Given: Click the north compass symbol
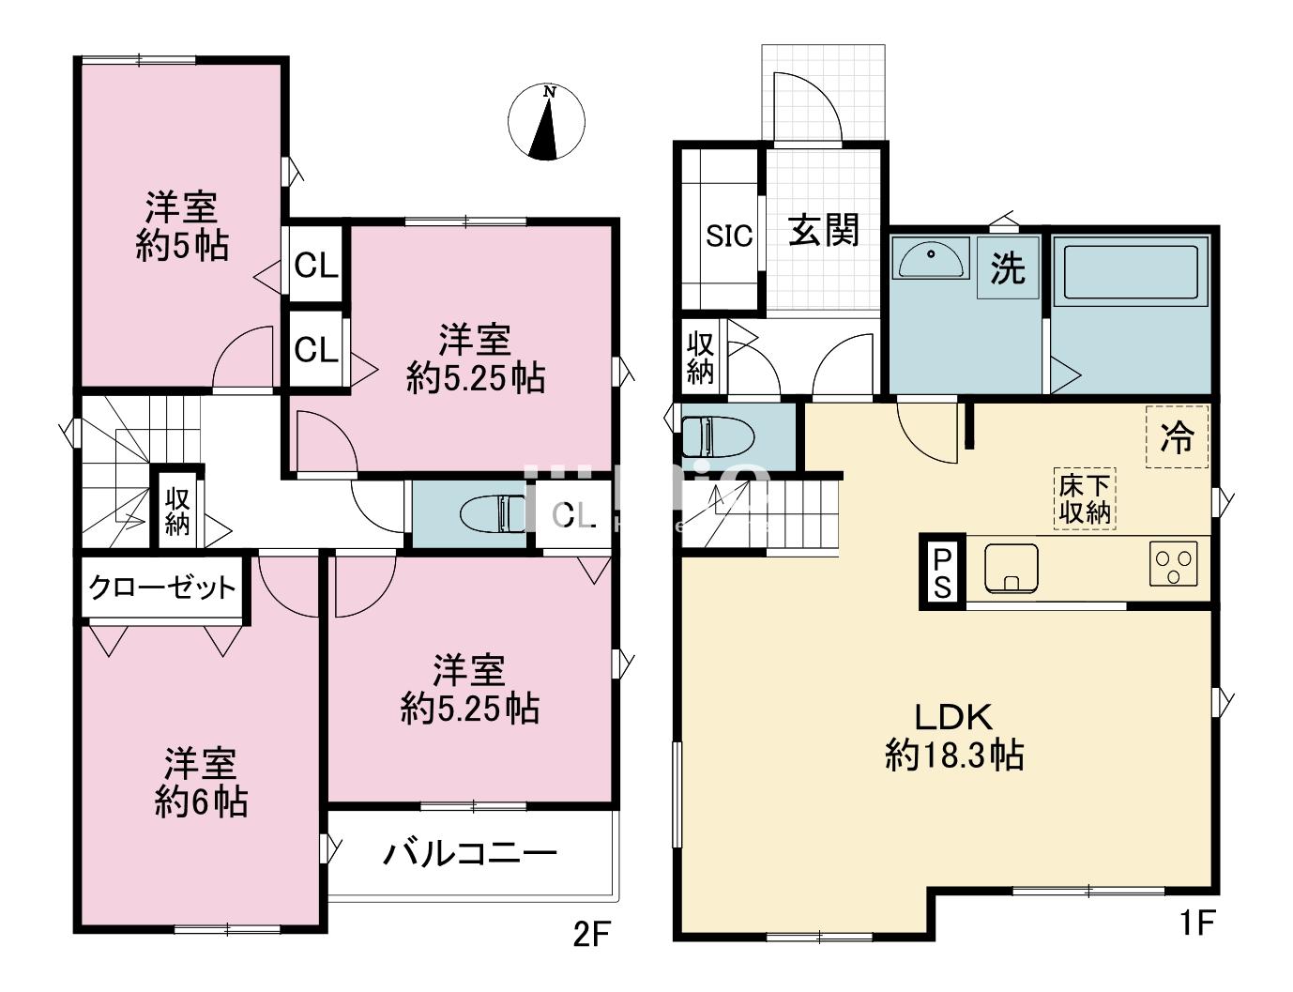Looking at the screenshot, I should [546, 123].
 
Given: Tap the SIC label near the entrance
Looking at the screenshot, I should [729, 235].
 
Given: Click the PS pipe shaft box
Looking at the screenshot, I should [941, 573].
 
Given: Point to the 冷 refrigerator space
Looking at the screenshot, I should [1177, 436].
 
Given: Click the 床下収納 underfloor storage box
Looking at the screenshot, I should [1085, 498].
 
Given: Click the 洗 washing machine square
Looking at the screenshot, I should [1008, 269].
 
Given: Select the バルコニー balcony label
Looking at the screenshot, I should [470, 854].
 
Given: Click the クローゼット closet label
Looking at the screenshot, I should [162, 588].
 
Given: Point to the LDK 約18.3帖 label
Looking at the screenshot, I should [953, 736].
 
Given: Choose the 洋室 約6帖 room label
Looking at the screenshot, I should [201, 783].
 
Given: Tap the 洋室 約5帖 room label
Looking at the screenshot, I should [181, 225].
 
